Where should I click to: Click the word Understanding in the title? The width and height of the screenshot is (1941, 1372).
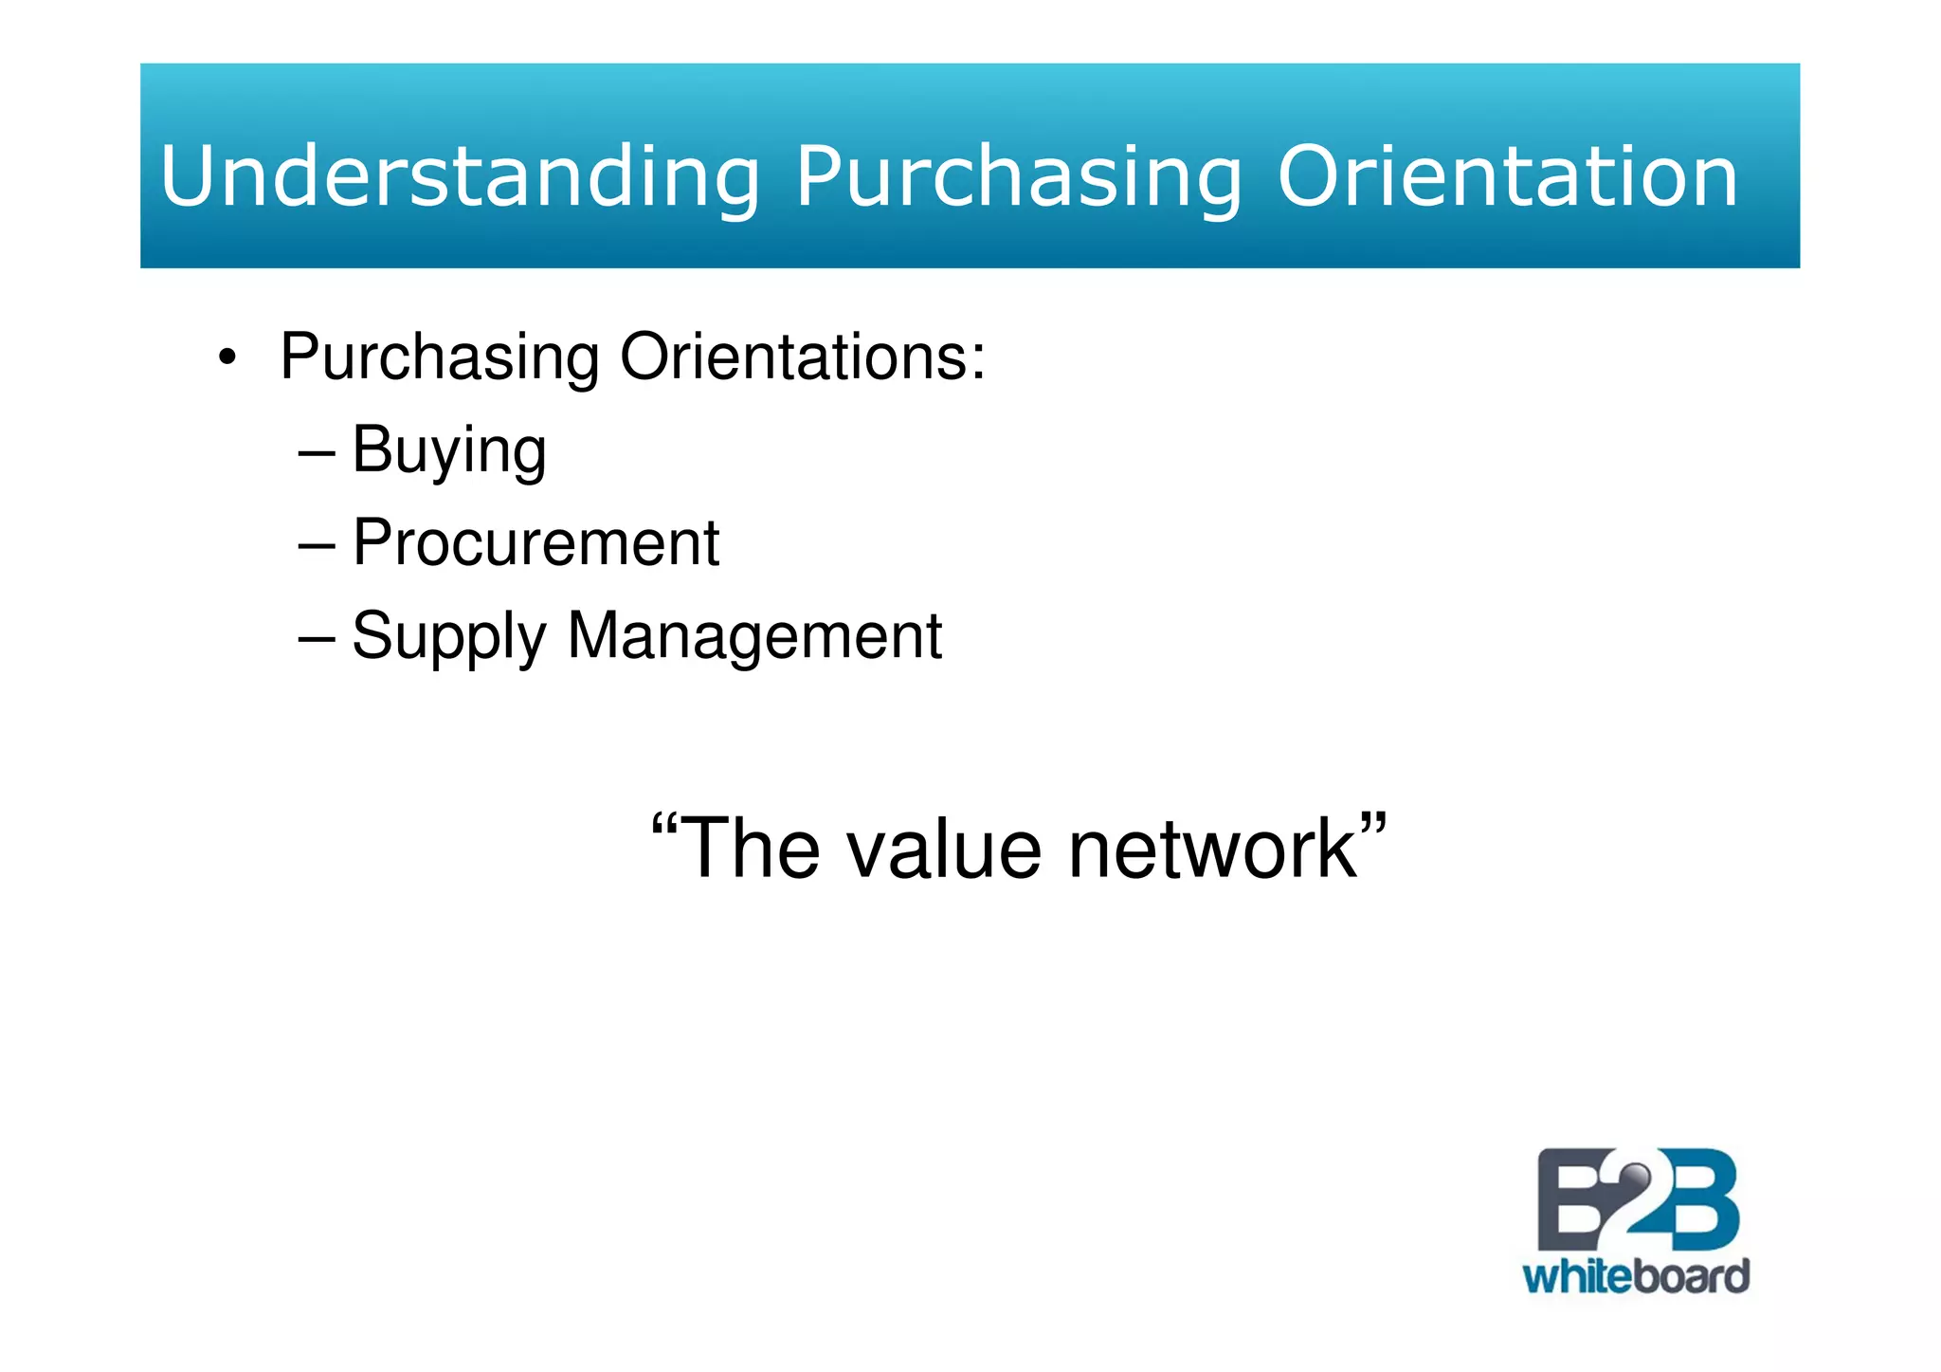(x=460, y=176)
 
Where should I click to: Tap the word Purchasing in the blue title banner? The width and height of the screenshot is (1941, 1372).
(x=1018, y=178)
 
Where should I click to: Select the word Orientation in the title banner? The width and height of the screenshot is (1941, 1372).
(x=1508, y=176)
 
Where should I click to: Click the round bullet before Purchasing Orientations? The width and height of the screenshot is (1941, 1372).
(x=226, y=358)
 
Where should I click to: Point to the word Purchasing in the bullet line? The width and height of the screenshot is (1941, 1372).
(x=440, y=358)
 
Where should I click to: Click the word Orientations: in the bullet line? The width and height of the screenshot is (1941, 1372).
(x=803, y=357)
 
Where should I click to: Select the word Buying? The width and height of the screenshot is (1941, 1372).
(x=449, y=450)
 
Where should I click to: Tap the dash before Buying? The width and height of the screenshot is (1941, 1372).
(x=317, y=453)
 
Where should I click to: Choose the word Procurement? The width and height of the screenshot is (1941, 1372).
(x=535, y=542)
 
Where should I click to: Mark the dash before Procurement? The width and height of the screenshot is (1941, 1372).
(x=317, y=546)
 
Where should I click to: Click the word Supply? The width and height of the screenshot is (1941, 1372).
(x=449, y=636)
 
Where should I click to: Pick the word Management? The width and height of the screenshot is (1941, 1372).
(x=754, y=635)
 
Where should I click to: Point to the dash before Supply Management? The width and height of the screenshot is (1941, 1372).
(x=317, y=639)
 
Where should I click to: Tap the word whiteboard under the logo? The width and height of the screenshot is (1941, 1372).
(x=1636, y=1276)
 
